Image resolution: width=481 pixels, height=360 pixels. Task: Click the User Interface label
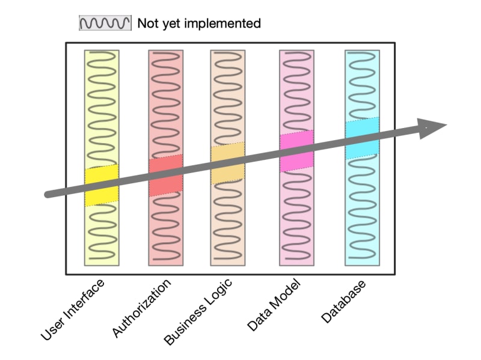[x=73, y=310]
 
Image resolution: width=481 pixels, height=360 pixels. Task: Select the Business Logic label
[x=198, y=312]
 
